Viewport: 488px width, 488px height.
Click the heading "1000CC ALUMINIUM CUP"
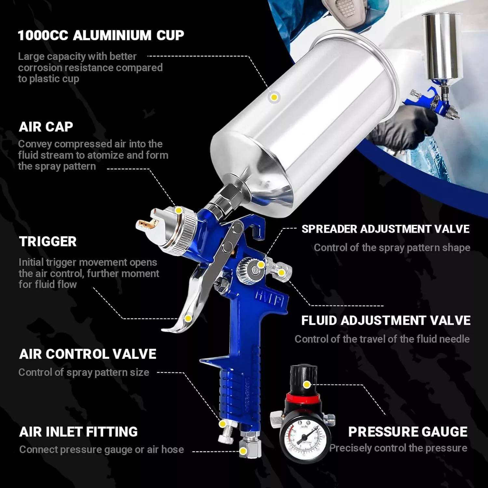101,35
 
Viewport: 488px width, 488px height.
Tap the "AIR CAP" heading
46,127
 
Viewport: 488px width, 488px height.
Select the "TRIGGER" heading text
48,241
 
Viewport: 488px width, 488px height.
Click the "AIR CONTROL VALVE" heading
88,354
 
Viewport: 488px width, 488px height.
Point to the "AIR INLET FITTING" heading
78,432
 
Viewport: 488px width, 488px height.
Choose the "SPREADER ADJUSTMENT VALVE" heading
386,229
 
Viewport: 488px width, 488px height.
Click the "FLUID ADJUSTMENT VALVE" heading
386,320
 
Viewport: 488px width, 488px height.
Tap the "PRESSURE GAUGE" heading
408,432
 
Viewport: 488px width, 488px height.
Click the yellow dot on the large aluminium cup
274,97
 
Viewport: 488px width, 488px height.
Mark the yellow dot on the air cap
179,210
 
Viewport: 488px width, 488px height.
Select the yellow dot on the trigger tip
188,318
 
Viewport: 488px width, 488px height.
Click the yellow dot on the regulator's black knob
306,385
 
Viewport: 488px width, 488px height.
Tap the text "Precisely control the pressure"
398,448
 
